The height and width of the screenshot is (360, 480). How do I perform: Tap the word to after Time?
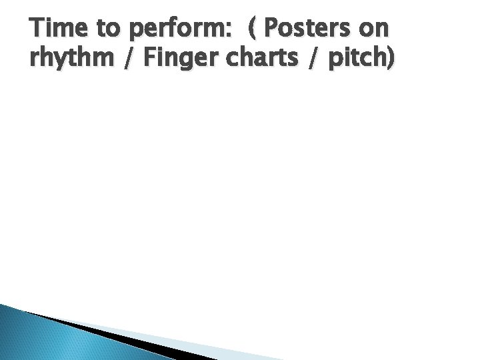pyautogui.click(x=110, y=31)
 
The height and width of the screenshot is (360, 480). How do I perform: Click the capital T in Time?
pyautogui.click(x=37, y=30)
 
